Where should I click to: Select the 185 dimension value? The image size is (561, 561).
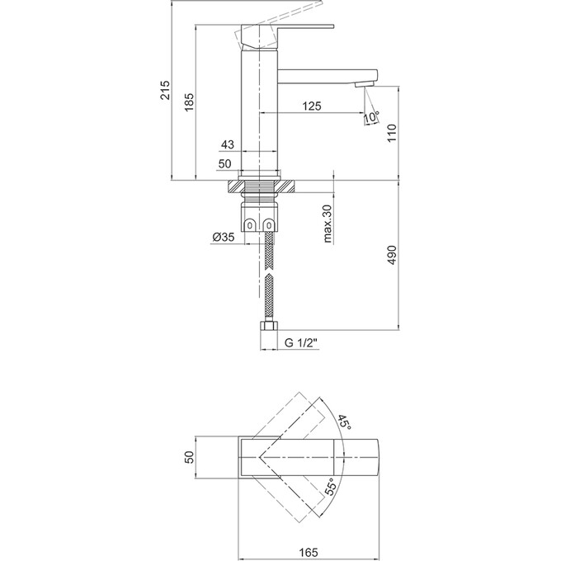click(190, 101)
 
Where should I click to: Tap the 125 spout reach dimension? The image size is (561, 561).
click(311, 106)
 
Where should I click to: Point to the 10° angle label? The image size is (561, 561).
click(370, 120)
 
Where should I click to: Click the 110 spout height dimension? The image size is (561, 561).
click(393, 131)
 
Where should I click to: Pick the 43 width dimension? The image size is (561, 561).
click(227, 145)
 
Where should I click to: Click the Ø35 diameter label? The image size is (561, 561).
click(223, 238)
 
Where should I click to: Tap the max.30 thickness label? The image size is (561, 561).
click(328, 223)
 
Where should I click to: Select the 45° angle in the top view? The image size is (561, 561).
click(344, 425)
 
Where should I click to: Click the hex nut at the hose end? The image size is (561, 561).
click(267, 328)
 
